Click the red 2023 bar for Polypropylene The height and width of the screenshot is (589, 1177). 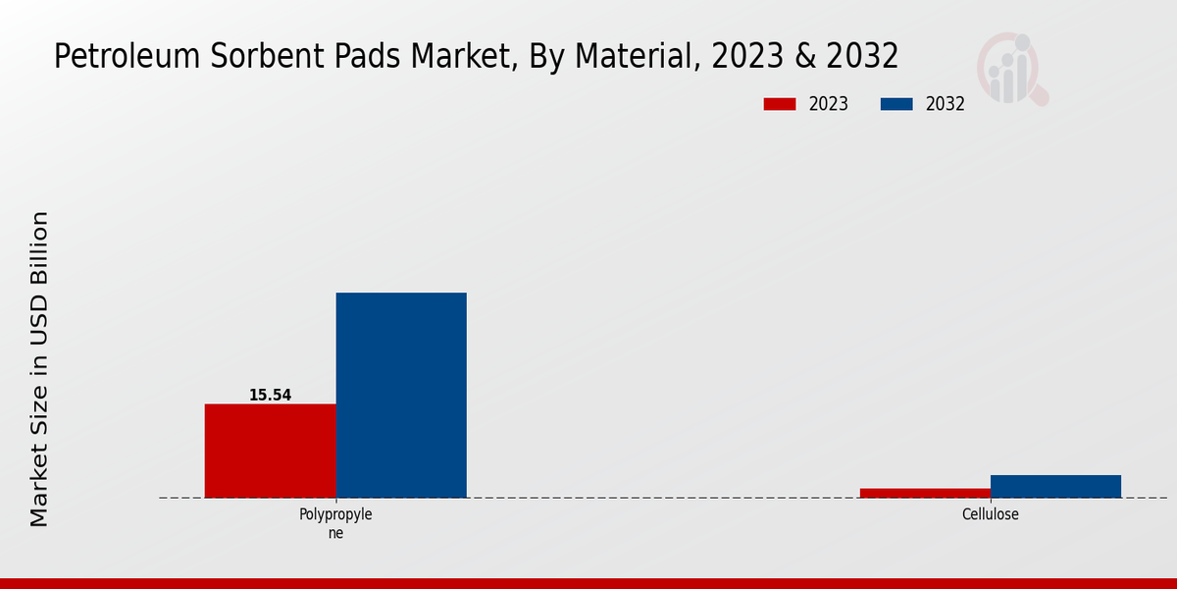click(270, 451)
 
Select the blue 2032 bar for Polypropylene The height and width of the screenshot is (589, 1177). click(401, 395)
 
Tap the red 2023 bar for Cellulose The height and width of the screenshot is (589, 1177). click(925, 493)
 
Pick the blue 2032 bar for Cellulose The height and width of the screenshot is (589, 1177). click(1055, 486)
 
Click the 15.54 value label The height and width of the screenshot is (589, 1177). click(270, 396)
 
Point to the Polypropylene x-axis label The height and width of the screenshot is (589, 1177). click(335, 523)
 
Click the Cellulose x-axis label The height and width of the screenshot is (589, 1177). click(990, 514)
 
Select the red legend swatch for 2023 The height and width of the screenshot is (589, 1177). click(779, 104)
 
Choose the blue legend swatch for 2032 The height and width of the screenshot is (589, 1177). click(896, 104)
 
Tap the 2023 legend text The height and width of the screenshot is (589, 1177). click(829, 104)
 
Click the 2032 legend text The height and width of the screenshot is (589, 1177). click(946, 104)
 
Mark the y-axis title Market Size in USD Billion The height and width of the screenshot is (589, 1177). click(39, 368)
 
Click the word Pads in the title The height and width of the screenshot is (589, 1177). click(364, 57)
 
